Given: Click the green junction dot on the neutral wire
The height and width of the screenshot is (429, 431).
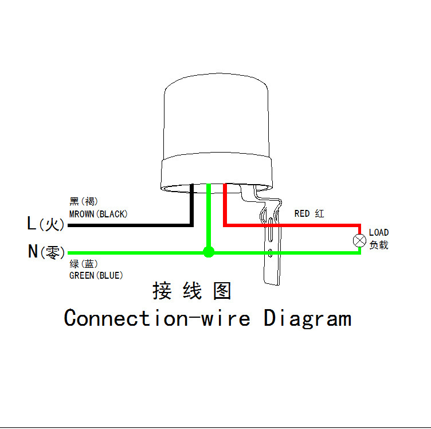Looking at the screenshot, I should (209, 252).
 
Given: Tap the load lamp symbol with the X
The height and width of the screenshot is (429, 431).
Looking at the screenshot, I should (359, 241).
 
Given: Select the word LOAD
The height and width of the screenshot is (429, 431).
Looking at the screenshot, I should (379, 232).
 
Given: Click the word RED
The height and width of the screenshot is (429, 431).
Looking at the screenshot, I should (302, 213).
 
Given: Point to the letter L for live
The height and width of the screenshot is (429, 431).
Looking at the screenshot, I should (32, 224).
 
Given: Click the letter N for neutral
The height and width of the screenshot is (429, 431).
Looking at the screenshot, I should (33, 251).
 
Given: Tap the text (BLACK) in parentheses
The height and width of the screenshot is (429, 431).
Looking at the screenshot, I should (112, 214).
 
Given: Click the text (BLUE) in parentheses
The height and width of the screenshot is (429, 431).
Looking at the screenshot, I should (109, 275).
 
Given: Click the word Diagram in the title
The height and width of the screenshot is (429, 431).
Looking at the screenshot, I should (307, 318).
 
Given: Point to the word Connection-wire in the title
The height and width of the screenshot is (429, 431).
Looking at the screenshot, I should (157, 318).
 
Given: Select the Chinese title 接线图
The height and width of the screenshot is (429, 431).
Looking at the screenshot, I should (191, 291).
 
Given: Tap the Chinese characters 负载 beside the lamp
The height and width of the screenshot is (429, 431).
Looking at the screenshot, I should (379, 245).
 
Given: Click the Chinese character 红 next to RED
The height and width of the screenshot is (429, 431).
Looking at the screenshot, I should (319, 213).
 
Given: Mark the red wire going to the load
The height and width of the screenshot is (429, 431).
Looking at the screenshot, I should (292, 225).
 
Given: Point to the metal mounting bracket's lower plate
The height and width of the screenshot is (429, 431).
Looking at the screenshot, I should (272, 258).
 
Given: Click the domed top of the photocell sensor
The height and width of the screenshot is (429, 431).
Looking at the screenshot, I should (217, 115).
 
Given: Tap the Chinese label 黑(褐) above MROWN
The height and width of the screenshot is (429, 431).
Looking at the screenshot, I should (84, 201).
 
